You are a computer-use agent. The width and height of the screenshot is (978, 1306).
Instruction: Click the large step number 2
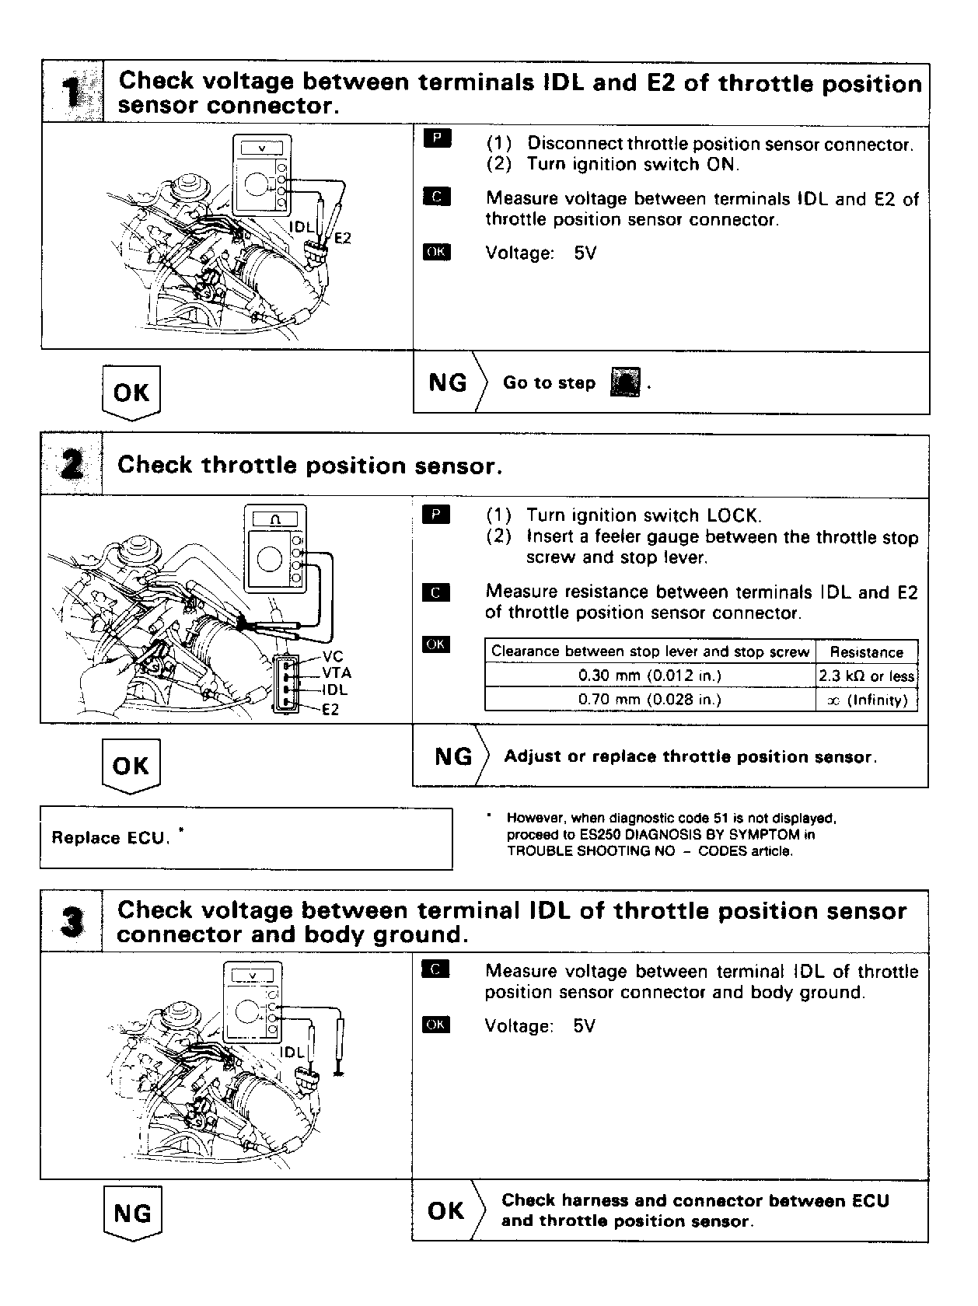point(72,466)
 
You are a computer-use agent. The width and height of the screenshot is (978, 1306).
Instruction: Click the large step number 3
point(72,922)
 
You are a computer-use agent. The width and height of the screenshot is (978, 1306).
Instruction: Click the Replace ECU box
point(246,838)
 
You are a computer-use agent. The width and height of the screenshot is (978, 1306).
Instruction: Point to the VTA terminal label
point(336,673)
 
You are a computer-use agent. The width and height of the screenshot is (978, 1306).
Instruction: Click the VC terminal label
point(332,657)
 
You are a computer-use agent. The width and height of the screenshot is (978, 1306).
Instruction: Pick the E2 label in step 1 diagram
point(342,238)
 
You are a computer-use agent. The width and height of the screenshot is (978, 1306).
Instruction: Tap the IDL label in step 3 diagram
point(292,1053)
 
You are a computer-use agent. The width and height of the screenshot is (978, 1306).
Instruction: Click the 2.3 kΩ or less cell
point(866,676)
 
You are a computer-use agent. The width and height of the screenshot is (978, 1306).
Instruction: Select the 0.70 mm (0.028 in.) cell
point(649,700)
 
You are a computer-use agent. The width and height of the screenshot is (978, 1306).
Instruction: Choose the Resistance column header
point(866,652)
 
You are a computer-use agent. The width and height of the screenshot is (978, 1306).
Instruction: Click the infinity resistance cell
point(866,700)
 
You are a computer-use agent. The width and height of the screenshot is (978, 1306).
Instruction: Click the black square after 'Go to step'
point(626,383)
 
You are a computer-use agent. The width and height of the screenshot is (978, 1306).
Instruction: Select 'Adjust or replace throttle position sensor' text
point(690,757)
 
